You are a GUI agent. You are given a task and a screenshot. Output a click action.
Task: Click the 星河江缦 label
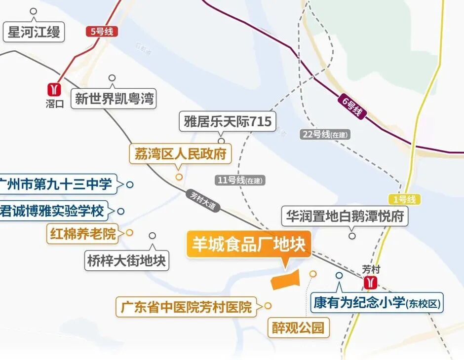pyautogui.click(x=34, y=33)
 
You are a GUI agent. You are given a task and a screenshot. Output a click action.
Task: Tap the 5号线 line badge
pyautogui.click(x=102, y=32)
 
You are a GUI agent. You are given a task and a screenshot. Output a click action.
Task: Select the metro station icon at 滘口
pyautogui.click(x=53, y=89)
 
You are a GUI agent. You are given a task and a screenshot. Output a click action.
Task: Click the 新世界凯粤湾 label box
pyautogui.click(x=114, y=99)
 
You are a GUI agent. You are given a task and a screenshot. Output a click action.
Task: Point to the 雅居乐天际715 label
pyautogui.click(x=228, y=121)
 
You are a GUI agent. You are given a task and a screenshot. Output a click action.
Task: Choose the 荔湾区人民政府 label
pyautogui.click(x=180, y=154)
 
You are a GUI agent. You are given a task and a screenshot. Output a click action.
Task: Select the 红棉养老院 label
pyautogui.click(x=83, y=233)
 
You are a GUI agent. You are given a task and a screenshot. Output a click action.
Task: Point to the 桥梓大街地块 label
pyautogui.click(x=127, y=259)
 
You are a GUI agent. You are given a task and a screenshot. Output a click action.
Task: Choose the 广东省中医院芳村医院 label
pyautogui.click(x=186, y=307)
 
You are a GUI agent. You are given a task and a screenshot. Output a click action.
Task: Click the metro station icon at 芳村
pyautogui.click(x=370, y=283)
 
